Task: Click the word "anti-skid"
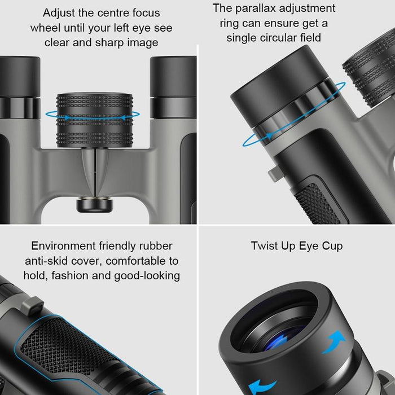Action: pos(47,261)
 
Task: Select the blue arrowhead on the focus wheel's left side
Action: pos(66,118)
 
